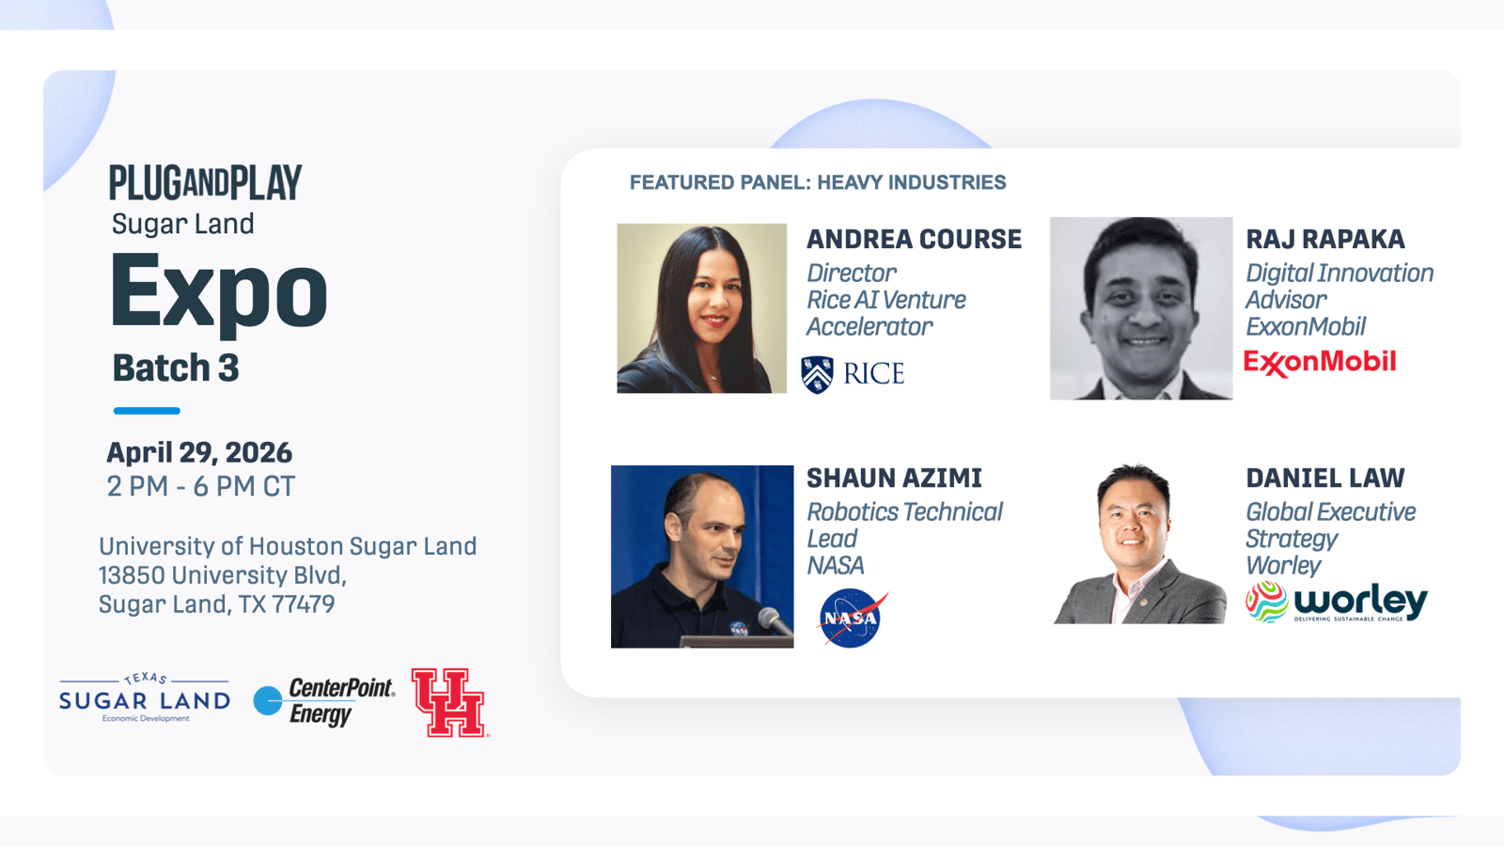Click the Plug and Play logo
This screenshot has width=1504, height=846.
(206, 182)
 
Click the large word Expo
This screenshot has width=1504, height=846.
(219, 294)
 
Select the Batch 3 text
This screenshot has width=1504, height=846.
(176, 368)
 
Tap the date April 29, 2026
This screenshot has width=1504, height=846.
(199, 453)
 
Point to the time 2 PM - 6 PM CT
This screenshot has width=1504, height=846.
(201, 487)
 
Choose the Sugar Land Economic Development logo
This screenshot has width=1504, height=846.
(145, 698)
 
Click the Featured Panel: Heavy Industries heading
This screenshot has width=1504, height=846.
(818, 182)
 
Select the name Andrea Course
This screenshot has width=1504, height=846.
(914, 240)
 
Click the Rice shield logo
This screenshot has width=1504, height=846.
(818, 375)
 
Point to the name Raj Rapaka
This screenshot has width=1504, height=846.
(1325, 240)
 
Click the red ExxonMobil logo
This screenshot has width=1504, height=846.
(1320, 363)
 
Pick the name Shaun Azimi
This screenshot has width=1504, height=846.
(894, 478)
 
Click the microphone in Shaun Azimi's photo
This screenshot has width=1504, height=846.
(775, 621)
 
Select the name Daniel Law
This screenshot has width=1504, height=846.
(1325, 478)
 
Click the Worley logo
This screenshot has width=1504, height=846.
(1336, 603)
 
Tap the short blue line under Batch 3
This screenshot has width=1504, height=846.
(147, 411)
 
